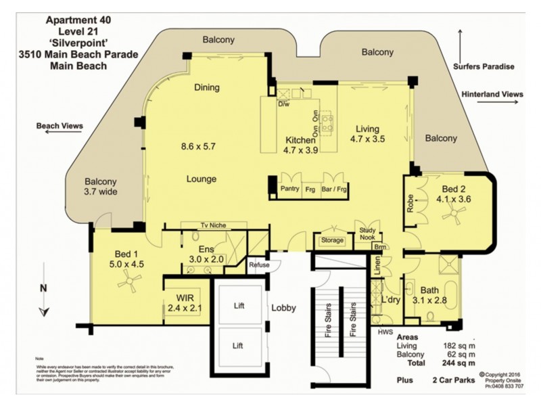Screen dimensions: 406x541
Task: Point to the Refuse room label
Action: (259, 265)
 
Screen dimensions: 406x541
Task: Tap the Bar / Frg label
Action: (334, 190)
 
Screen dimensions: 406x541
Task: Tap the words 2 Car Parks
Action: (454, 381)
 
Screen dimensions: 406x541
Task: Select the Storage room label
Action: (332, 240)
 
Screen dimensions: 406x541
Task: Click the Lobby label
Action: (283, 307)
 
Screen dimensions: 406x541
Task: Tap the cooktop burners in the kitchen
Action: (327, 122)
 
